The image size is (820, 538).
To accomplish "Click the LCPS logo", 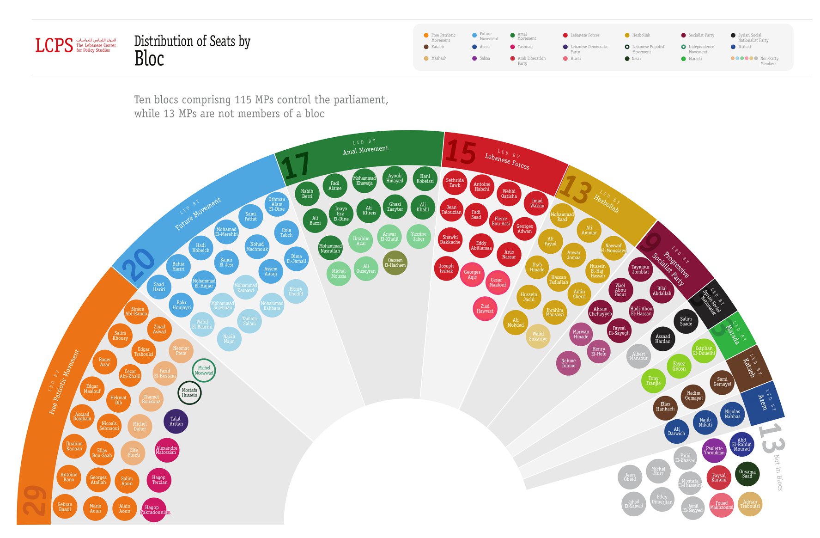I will (x=54, y=45).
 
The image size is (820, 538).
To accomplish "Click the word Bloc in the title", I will (x=149, y=59).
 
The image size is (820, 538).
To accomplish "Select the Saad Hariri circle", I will (x=159, y=287).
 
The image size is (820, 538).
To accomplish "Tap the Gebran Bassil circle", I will (x=65, y=507).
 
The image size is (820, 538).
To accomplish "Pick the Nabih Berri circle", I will (x=307, y=194).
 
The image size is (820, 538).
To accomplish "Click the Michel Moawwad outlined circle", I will (x=204, y=371).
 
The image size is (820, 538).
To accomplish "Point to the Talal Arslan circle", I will (x=176, y=421).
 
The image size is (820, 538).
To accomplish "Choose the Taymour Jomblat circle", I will (x=641, y=269).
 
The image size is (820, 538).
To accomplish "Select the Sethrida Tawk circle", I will (x=455, y=183).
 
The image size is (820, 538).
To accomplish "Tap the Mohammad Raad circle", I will (x=562, y=217).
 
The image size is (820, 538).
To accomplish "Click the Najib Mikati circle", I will (x=705, y=422).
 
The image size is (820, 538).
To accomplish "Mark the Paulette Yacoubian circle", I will (x=714, y=451).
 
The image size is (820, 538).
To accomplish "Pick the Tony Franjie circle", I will (x=653, y=381).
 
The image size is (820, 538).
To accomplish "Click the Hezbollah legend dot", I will (x=627, y=35).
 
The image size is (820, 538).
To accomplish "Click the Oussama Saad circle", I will (x=747, y=474).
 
